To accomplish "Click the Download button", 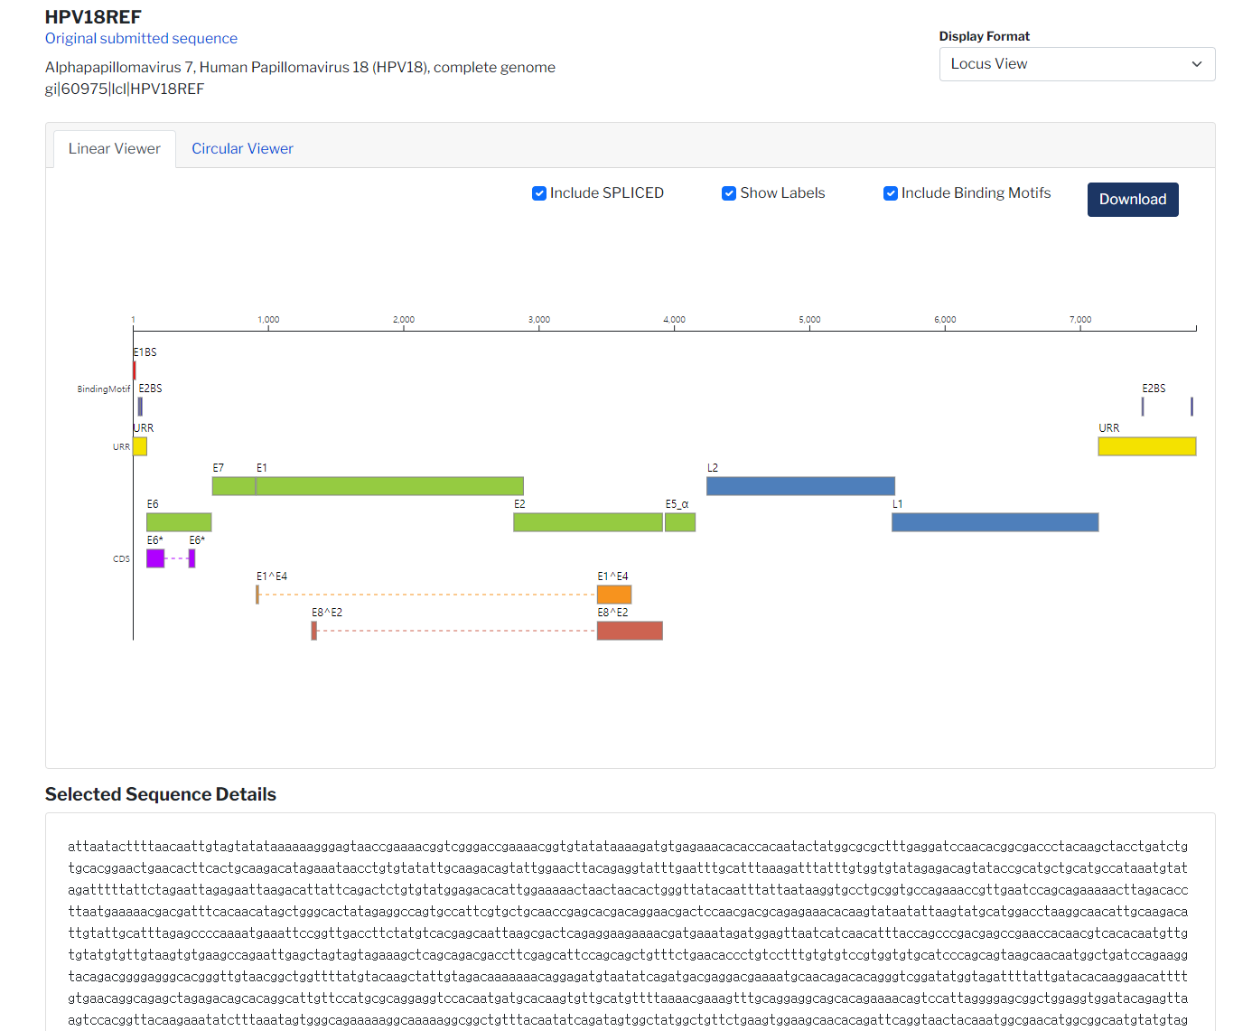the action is (x=1132, y=200).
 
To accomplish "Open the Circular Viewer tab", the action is (x=242, y=149).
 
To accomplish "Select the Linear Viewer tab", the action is (x=114, y=149).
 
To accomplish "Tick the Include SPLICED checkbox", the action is (x=539, y=193).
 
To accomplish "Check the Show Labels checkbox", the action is (x=729, y=193).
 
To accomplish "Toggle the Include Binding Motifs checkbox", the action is (x=891, y=193).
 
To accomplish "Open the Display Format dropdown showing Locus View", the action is (x=1077, y=64).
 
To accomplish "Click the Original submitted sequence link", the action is (x=141, y=38).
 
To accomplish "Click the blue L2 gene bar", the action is (x=800, y=486).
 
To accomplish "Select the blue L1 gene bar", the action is (x=995, y=522).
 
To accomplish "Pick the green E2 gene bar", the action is (x=588, y=522).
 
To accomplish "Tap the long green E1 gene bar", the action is (x=389, y=486).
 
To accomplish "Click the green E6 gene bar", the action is (x=179, y=522).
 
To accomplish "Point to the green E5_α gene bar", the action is (x=680, y=522).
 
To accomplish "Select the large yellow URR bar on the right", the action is (x=1146, y=446).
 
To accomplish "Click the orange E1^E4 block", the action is (x=614, y=595).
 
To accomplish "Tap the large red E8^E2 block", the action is (x=630, y=631).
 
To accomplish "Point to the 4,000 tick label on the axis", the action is (x=674, y=320).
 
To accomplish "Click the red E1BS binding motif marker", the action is (x=135, y=370).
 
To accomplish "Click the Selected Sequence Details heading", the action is (x=161, y=794).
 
